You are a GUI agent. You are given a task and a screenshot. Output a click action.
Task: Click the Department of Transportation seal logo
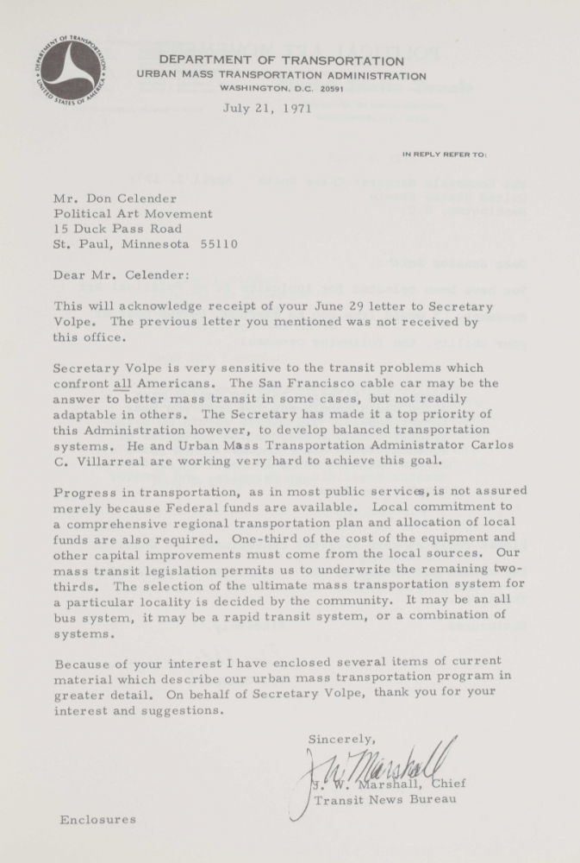(x=71, y=68)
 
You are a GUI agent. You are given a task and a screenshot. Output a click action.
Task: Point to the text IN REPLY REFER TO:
(x=445, y=154)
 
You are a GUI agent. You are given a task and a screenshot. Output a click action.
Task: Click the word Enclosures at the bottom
(x=97, y=819)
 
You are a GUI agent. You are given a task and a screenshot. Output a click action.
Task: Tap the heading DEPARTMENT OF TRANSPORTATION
(x=281, y=60)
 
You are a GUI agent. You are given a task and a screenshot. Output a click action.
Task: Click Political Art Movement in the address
(x=133, y=213)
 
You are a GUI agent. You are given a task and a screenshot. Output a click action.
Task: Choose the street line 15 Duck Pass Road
(x=117, y=229)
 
